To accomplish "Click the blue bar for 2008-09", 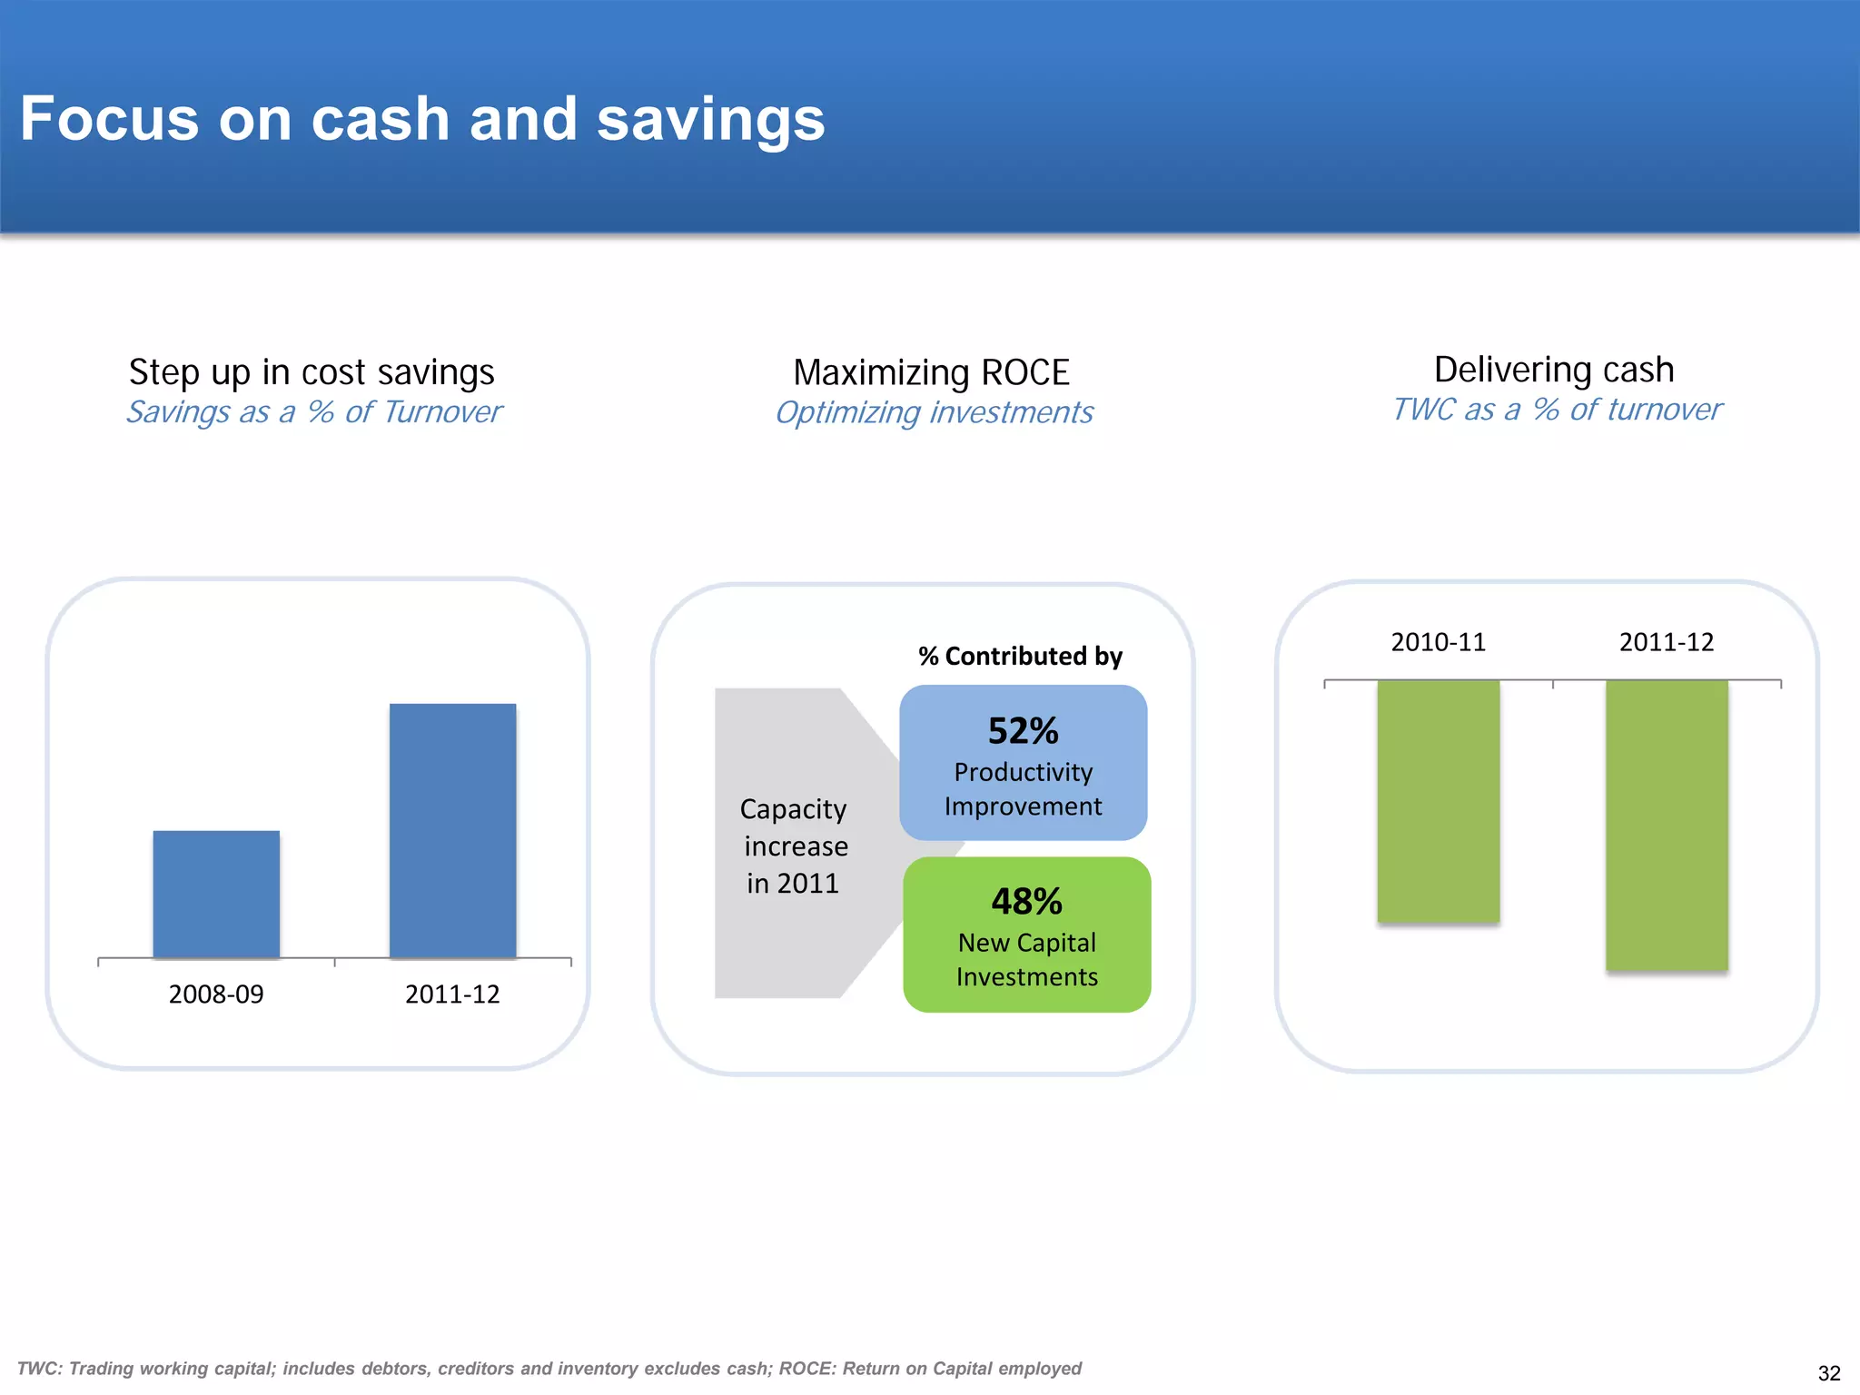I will [216, 894].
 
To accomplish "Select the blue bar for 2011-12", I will [452, 830].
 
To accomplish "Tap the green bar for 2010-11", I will [1438, 801].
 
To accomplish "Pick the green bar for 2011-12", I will [1667, 825].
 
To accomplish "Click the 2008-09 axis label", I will [216, 994].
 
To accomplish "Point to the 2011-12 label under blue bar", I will [452, 994].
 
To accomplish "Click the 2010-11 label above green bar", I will [1438, 642].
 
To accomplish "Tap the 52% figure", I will [1023, 731].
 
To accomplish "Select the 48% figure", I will [1026, 902].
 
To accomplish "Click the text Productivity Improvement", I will [1023, 788].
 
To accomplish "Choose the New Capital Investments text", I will [1026, 959].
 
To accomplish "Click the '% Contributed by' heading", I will [1020, 656].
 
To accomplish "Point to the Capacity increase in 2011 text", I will [794, 846].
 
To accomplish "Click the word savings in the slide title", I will [710, 119].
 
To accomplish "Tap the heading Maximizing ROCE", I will [931, 372].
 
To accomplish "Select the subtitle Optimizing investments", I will [934, 412].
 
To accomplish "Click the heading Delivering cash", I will [1553, 370].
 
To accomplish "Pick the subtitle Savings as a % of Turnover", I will [313, 411].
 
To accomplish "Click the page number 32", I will [1828, 1372].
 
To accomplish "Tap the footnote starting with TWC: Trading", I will [549, 1368].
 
